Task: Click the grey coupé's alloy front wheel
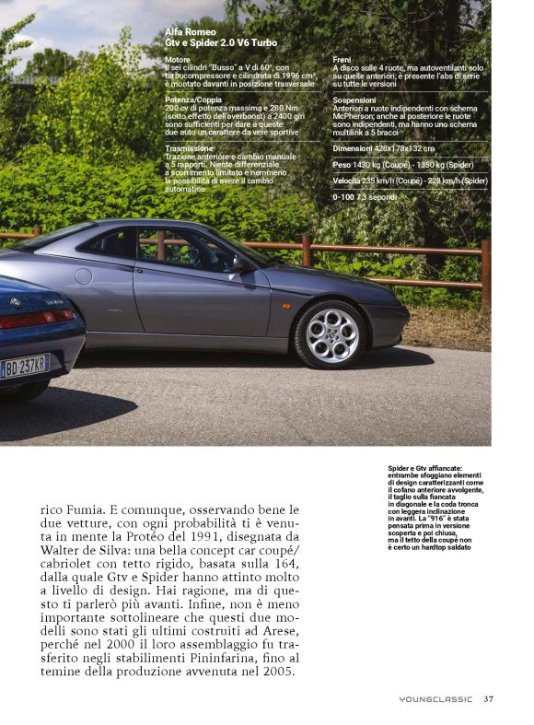[329, 333]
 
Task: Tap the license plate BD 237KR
[25, 366]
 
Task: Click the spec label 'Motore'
[178, 59]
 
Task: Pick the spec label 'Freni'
[342, 59]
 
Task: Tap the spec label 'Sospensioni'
[354, 99]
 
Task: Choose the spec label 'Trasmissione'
[190, 147]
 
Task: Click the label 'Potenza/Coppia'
[193, 99]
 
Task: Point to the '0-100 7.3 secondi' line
[365, 197]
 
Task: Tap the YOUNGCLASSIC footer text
[435, 699]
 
